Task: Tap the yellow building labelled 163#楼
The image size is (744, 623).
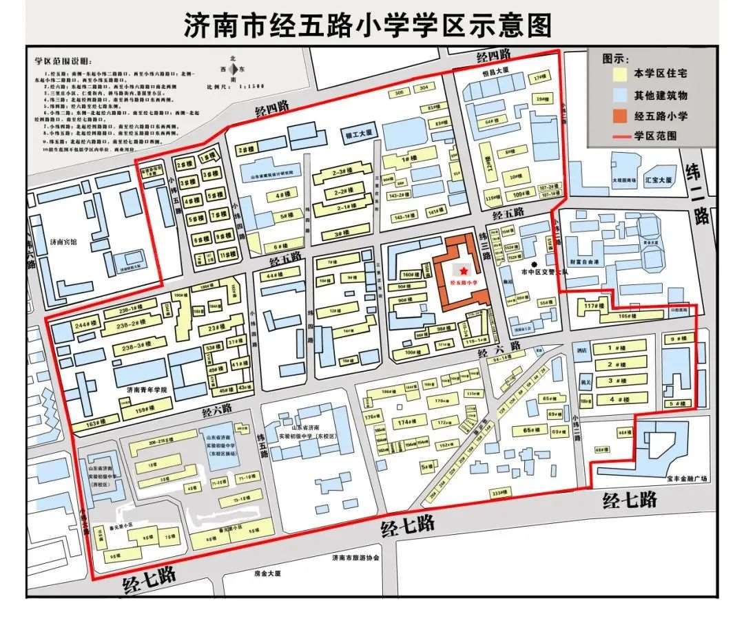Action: click(95, 421)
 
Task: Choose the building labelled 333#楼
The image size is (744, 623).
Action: click(499, 492)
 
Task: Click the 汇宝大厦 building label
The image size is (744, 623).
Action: click(657, 180)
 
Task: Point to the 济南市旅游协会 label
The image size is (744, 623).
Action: click(355, 558)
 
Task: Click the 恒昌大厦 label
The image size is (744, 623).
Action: click(495, 70)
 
